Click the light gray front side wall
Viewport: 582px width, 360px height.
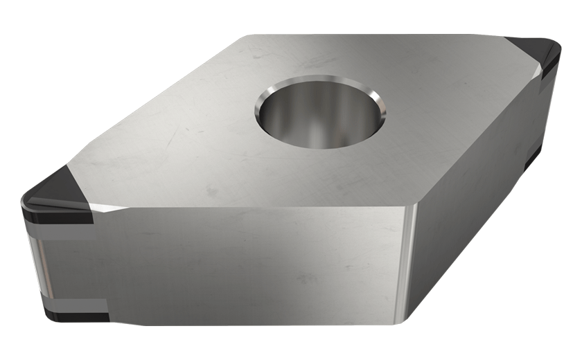tap(242, 270)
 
